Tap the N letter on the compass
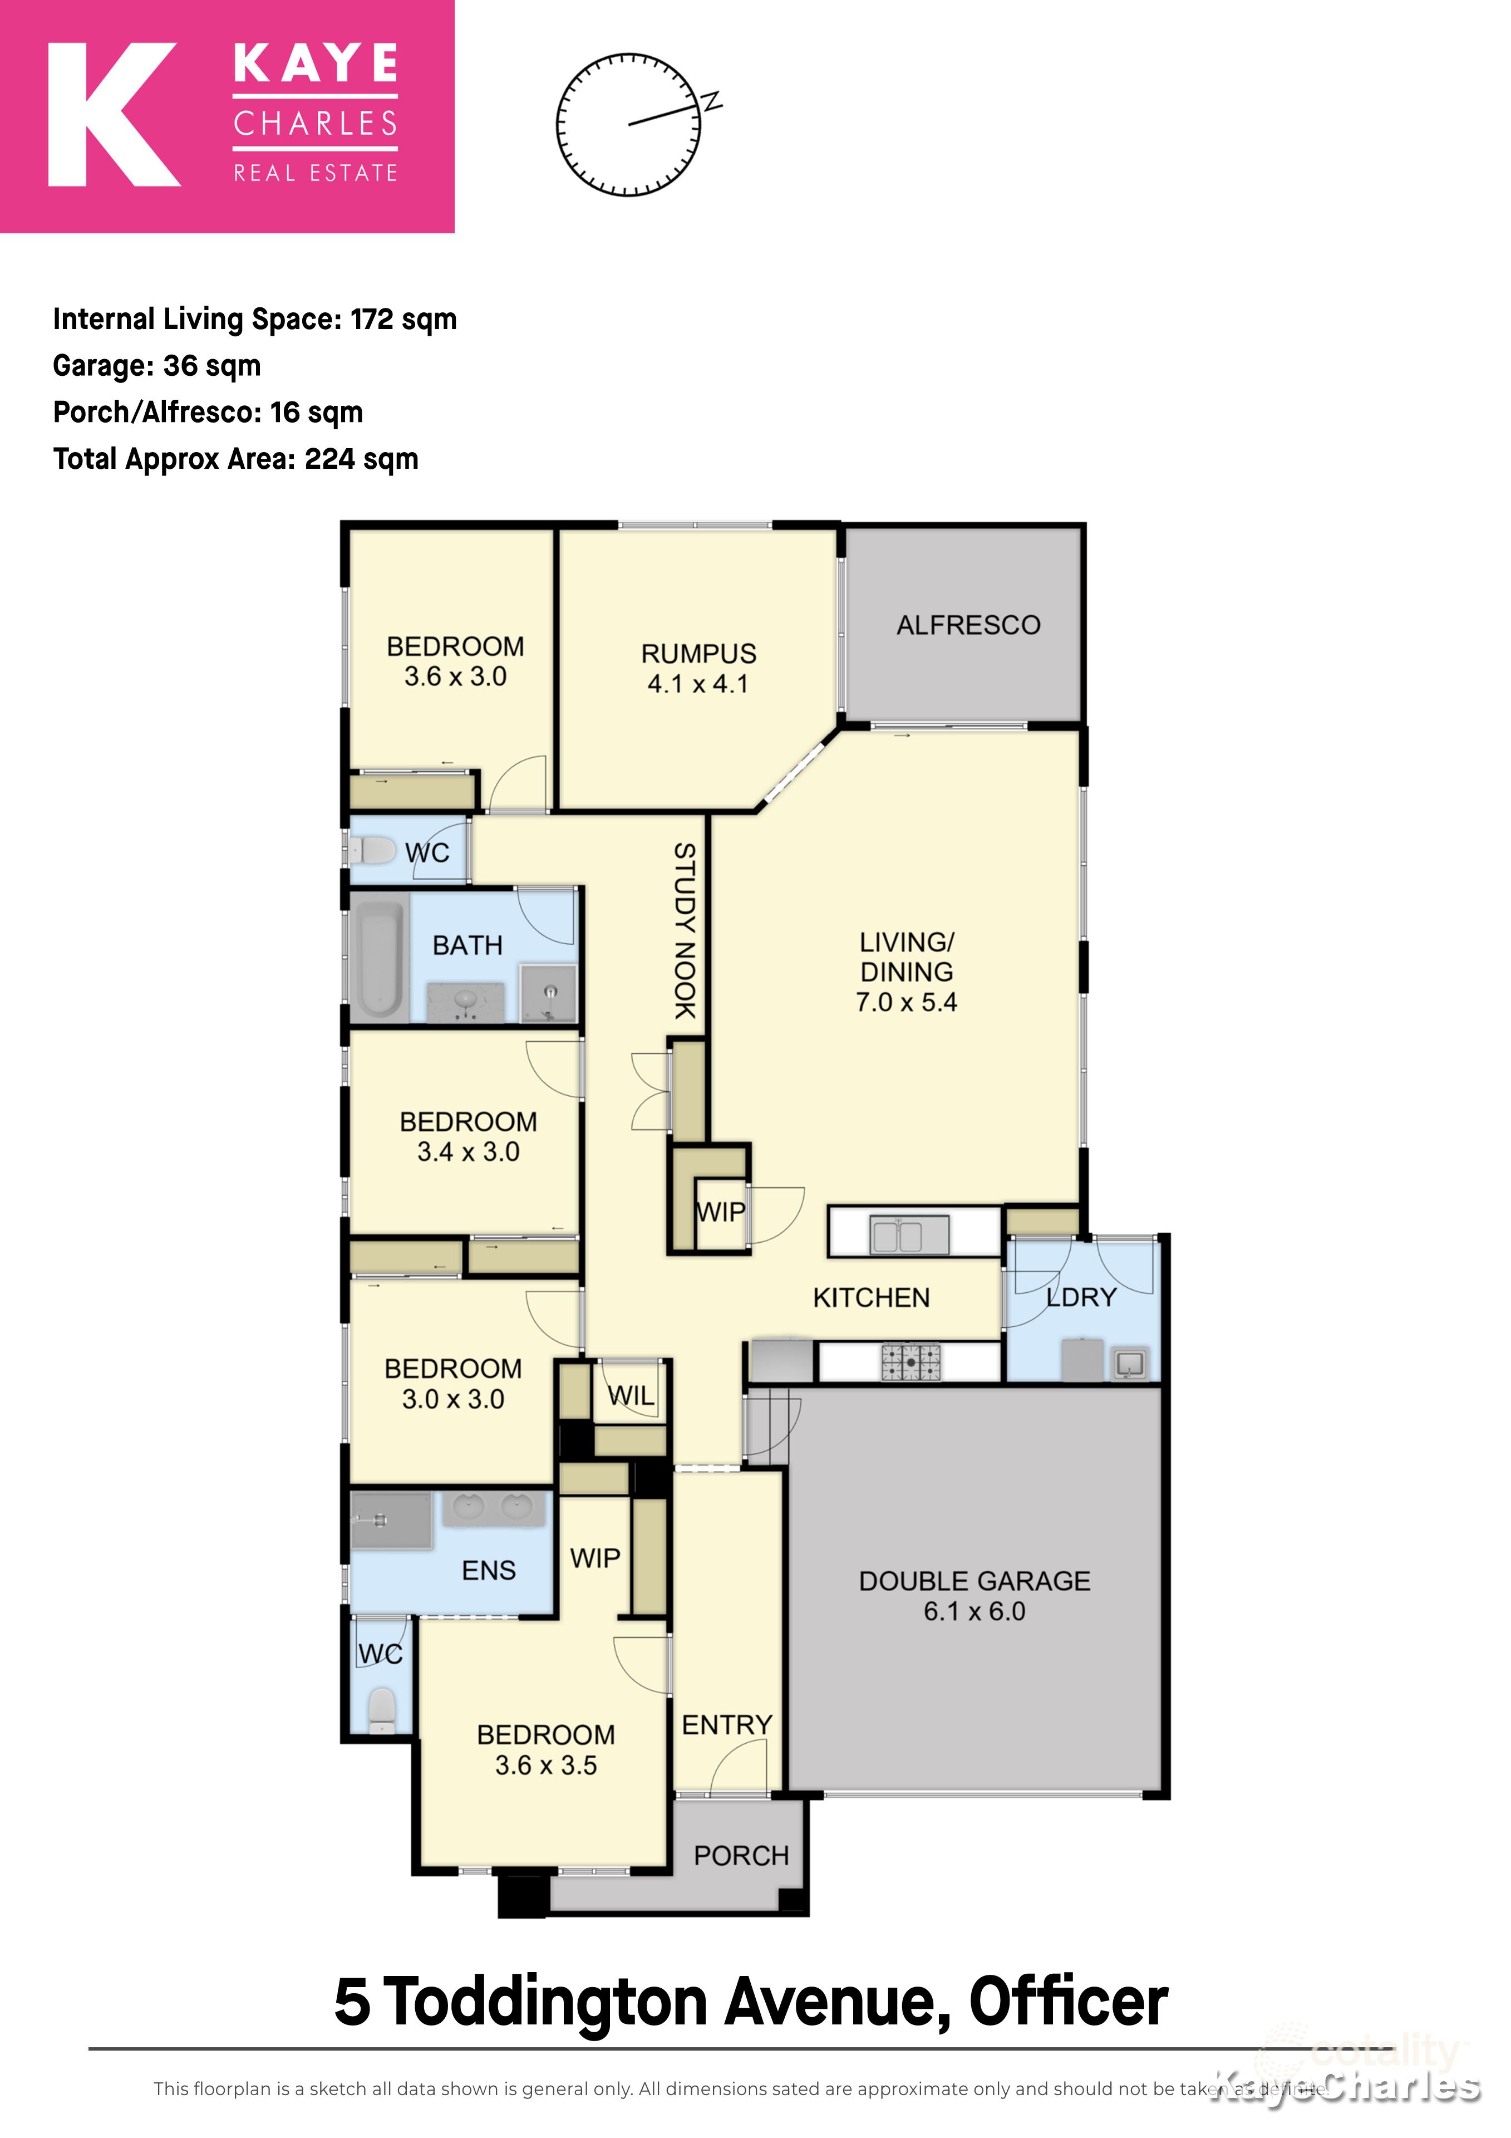[712, 101]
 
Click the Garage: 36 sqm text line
[156, 366]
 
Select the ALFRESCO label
[968, 625]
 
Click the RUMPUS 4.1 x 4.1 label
[698, 668]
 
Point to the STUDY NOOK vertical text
[685, 930]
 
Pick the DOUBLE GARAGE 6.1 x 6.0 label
[974, 1595]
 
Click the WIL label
[631, 1395]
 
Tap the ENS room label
[488, 1570]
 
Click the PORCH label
[741, 1855]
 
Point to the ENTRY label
[726, 1724]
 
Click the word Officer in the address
[1068, 2000]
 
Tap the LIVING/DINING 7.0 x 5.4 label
[906, 971]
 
